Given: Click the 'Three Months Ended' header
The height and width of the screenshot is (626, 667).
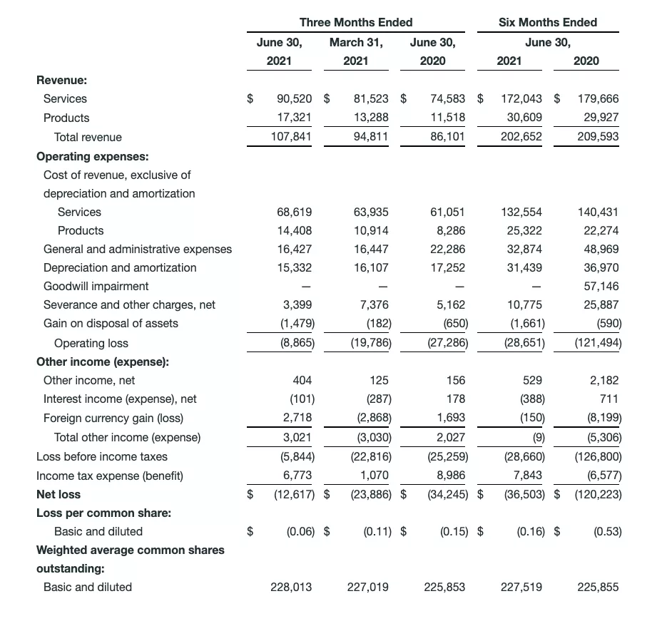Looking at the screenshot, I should pos(355,22).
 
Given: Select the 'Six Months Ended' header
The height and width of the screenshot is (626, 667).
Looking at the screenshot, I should pos(548,22).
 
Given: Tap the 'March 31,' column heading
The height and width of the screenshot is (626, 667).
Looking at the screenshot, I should pos(355,42).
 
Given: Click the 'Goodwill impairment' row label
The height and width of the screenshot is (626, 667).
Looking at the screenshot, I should pos(96,286).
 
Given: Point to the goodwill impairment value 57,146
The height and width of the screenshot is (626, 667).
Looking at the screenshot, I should pos(601,286).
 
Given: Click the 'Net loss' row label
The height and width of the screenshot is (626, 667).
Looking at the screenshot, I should pos(58,494).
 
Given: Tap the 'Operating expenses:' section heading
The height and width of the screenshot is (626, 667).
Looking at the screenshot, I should pos(87,155).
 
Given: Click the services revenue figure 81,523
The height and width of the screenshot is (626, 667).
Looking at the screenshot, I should pos(371,98).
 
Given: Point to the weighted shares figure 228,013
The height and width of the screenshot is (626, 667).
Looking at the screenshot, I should pos(291,587).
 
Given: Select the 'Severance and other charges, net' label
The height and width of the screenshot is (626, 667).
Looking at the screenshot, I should pos(129,304).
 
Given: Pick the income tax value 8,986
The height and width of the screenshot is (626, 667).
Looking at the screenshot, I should pos(450,476).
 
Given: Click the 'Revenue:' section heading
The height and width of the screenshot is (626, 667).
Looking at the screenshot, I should pos(61,80).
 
